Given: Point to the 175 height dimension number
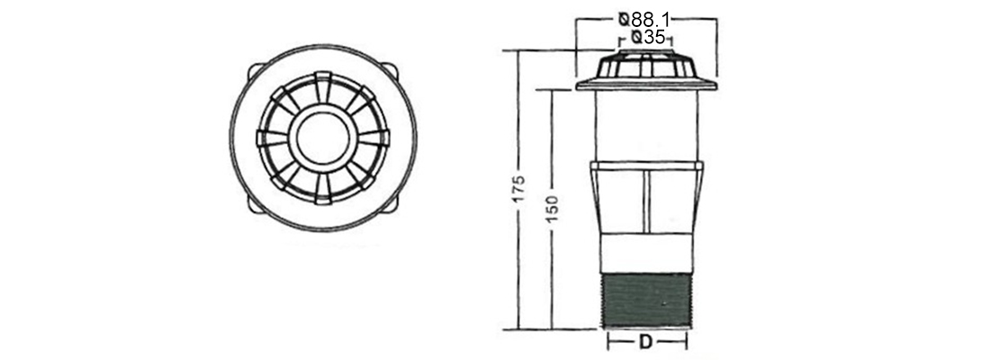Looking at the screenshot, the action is coord(520,189).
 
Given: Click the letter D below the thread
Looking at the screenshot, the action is coord(647,343).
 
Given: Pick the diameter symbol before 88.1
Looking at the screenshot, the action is coord(625,19).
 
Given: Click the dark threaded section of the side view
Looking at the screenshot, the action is coord(647,301).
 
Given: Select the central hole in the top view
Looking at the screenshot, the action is coord(323,139).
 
